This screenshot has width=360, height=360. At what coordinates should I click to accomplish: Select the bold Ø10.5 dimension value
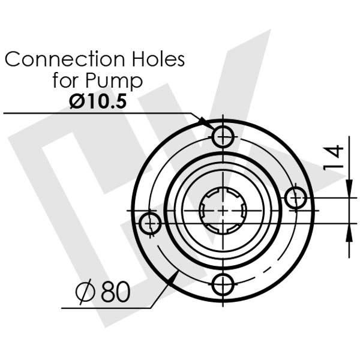click(98, 101)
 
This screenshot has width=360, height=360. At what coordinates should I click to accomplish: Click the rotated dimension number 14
click(335, 158)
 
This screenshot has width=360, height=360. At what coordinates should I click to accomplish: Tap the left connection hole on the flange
click(150, 224)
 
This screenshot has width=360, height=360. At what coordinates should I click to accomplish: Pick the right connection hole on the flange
click(295, 197)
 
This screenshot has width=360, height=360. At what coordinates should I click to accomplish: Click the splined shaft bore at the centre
click(223, 209)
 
